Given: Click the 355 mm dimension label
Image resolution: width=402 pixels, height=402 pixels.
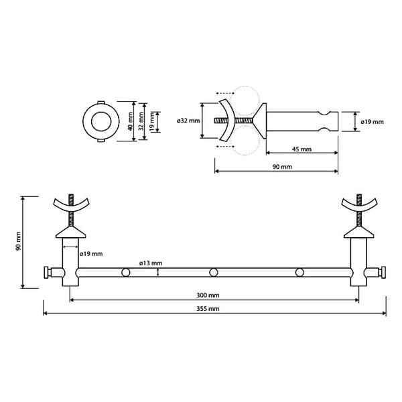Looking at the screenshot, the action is [x=208, y=308].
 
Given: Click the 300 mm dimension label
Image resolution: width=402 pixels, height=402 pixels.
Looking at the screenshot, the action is [x=208, y=295].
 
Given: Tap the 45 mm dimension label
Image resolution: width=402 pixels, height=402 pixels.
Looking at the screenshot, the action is [x=301, y=149].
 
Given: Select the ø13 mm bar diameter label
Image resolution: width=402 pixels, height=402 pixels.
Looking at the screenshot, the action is [x=151, y=263].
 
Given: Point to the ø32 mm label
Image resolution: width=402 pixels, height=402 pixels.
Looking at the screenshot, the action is [x=188, y=121].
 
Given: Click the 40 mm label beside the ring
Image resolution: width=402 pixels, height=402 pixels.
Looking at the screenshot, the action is [x=130, y=121].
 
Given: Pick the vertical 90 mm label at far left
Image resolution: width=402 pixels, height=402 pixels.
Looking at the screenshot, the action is [x=18, y=241].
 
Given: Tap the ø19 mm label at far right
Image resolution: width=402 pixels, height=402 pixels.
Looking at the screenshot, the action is [x=373, y=122].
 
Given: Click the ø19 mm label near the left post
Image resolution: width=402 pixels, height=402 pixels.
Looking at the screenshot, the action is [x=91, y=254].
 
